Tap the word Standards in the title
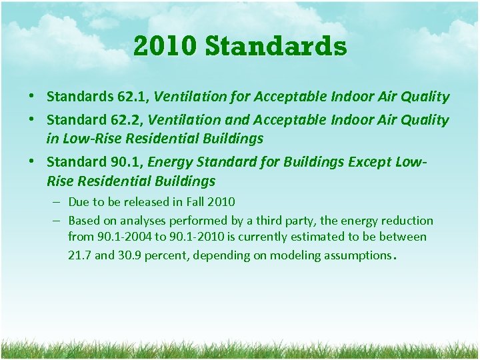pyautogui.click(x=276, y=47)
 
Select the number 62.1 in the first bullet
pyautogui.click(x=133, y=97)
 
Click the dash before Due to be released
pyautogui.click(x=57, y=201)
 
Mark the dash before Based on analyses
pyautogui.click(x=57, y=221)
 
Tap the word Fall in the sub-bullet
pyautogui.click(x=192, y=201)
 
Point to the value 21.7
pyautogui.click(x=79, y=255)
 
